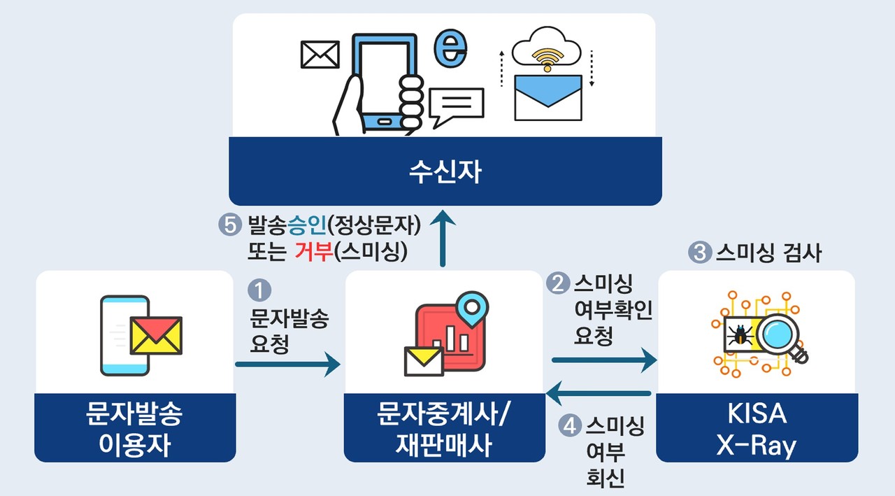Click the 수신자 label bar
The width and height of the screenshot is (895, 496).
pyautogui.click(x=445, y=171)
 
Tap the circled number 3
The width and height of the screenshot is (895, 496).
pyautogui.click(x=699, y=253)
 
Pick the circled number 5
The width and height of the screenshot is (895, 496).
pyautogui.click(x=229, y=225)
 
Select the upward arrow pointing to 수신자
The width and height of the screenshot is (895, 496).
pyautogui.click(x=442, y=238)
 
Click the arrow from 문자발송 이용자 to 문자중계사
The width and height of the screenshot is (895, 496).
pyautogui.click(x=287, y=364)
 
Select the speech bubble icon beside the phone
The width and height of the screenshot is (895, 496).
pyautogui.click(x=457, y=104)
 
